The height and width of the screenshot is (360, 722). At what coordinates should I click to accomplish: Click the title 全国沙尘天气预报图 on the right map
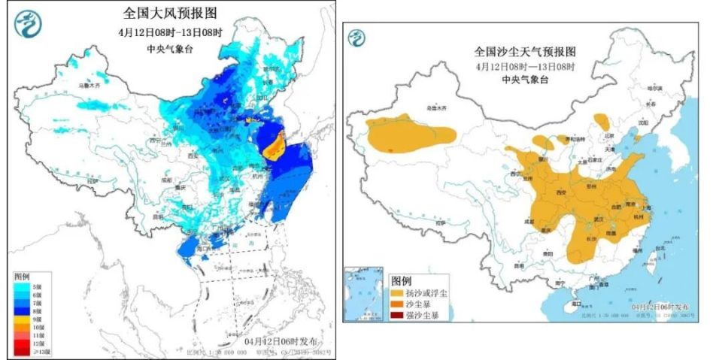click(524, 52)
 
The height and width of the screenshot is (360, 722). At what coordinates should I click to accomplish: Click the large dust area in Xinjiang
click(410, 135)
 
